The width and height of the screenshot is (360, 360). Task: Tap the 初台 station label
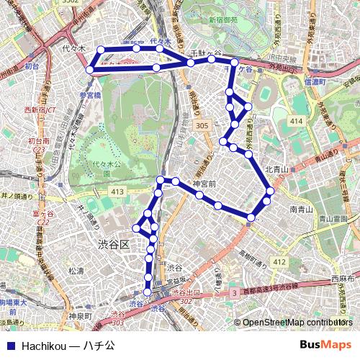[x=31, y=66]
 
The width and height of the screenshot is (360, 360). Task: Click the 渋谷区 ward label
[x=113, y=246]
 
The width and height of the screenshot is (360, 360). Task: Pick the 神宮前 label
[x=204, y=184]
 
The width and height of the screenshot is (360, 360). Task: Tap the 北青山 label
[x=276, y=169]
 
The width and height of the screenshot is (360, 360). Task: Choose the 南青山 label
[x=301, y=210]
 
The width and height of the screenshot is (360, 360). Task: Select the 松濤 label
[x=76, y=271]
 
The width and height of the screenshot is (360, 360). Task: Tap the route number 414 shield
[x=296, y=122]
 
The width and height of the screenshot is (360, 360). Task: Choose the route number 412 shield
[x=279, y=261]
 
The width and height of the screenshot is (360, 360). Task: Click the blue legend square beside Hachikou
[x=11, y=346]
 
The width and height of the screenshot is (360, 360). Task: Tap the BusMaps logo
[x=330, y=346]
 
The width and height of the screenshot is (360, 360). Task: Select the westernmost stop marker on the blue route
[x=90, y=70]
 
